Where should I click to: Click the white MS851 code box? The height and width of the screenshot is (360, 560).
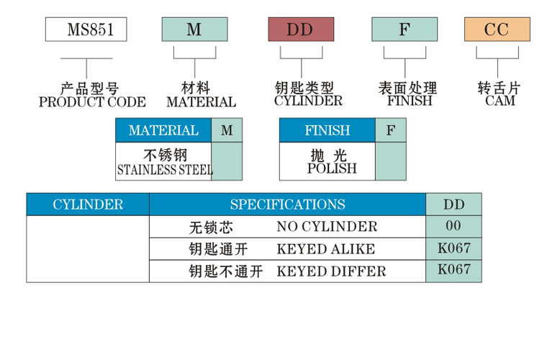pos(86,30)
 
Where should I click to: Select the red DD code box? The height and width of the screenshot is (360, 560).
pos(301,30)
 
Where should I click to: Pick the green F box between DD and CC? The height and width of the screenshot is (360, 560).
pos(404,30)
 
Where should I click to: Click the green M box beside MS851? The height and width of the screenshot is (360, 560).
pos(194,30)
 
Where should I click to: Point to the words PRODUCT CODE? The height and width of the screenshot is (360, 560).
pos(92,102)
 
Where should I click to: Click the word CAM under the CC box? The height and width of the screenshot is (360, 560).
pos(500,102)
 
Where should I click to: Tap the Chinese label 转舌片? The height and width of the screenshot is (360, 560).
pos(500,89)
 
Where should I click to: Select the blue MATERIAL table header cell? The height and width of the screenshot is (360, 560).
pos(163,130)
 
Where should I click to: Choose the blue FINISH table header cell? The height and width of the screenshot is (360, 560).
pos(328,130)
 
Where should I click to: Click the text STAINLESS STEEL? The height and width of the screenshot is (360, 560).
pos(164,171)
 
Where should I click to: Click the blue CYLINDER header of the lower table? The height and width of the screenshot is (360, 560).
pos(88,204)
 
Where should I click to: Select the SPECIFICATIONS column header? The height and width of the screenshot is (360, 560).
pos(287,204)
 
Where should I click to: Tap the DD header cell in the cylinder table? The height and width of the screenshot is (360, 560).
pos(454,204)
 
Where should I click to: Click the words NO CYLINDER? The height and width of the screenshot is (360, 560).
pos(327,227)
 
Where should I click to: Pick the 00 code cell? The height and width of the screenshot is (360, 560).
pos(453,226)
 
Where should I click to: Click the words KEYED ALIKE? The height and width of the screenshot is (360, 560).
pos(325,249)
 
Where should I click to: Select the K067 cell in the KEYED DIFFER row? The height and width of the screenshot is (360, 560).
pos(453,270)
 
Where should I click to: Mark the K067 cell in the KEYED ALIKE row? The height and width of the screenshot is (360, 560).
pos(453,248)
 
